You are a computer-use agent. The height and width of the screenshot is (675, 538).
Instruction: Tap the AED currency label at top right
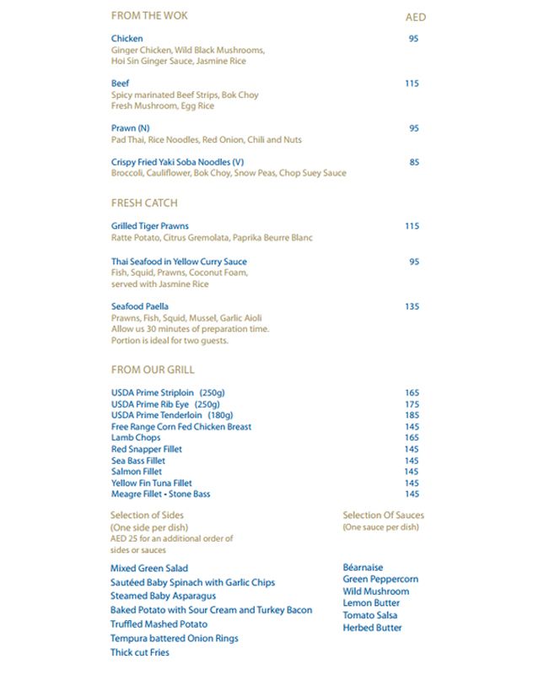point(416,17)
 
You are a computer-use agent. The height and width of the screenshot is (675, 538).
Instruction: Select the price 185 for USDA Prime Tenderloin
point(412,416)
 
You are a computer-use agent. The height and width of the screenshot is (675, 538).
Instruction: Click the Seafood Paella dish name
point(140,306)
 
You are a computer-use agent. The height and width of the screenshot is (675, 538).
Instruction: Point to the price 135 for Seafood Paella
point(412,306)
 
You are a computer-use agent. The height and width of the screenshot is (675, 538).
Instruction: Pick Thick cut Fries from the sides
point(140,652)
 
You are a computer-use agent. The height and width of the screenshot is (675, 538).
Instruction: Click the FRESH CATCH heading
point(144,203)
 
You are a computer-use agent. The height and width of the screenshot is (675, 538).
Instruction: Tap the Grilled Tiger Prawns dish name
point(150,226)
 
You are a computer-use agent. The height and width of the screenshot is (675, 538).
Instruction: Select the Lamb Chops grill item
point(136,438)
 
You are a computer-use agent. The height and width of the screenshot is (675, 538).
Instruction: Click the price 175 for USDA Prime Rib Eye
point(412,404)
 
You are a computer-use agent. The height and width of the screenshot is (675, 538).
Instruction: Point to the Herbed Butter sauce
point(372,628)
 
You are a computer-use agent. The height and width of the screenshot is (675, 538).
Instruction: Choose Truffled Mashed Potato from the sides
point(159,624)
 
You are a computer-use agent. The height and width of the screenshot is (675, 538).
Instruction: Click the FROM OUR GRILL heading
point(153,370)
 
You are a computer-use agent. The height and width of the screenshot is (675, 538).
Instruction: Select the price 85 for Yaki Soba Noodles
point(414,162)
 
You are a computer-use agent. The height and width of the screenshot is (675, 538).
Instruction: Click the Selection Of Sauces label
point(384,515)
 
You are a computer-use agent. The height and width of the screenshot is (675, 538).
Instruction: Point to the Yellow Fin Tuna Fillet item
point(152,483)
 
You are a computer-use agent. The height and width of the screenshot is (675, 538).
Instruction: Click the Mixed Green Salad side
point(149,569)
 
